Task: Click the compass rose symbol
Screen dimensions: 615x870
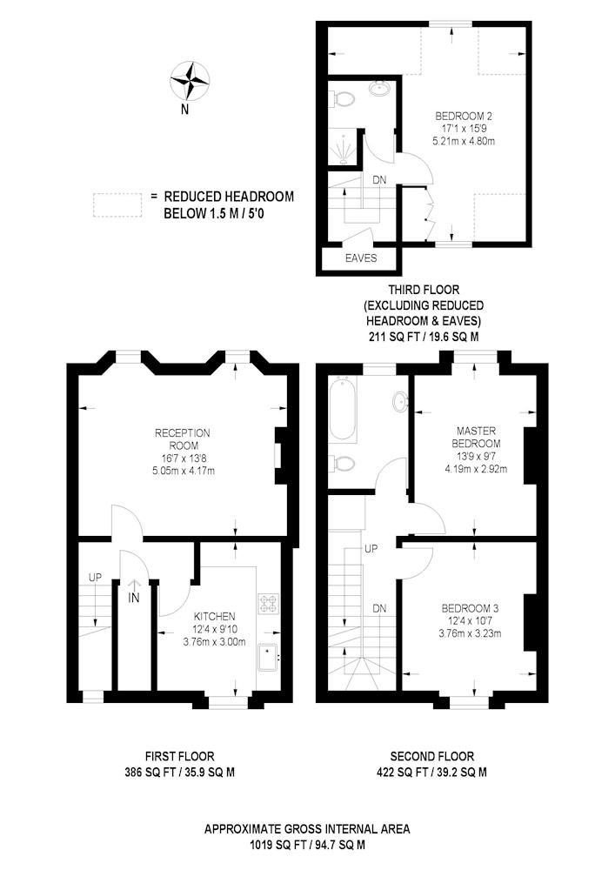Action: tap(190, 82)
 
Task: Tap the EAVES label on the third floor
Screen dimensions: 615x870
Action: tap(361, 258)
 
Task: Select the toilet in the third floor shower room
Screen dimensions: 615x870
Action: tap(343, 99)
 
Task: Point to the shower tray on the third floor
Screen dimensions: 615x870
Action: tap(342, 147)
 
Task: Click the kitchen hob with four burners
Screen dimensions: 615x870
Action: tap(269, 604)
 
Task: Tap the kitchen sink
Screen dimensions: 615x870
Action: tap(270, 658)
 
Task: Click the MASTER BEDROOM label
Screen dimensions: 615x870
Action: tap(476, 437)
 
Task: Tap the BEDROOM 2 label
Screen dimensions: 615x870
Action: tap(464, 116)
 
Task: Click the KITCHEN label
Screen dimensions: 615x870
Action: tap(214, 617)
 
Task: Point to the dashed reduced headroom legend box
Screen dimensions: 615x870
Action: tap(117, 204)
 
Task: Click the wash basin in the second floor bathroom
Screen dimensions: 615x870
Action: tap(400, 400)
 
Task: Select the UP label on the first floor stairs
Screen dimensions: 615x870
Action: tap(96, 578)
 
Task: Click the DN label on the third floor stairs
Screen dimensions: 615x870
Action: tap(379, 180)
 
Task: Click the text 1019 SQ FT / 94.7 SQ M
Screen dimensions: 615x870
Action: tap(307, 846)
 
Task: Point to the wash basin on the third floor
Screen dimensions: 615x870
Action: tap(380, 89)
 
